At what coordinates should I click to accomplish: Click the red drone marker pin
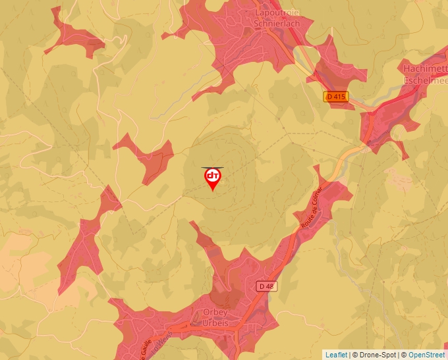(x=213, y=179)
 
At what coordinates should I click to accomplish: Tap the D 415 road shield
(x=335, y=97)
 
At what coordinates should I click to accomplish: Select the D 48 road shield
(x=265, y=286)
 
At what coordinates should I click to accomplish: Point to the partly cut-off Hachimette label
(x=426, y=68)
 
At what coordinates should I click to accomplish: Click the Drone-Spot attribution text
(x=376, y=355)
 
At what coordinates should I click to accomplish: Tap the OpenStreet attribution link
(x=427, y=355)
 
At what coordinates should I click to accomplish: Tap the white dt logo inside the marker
(x=213, y=176)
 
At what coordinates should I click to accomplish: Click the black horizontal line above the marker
(x=212, y=167)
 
